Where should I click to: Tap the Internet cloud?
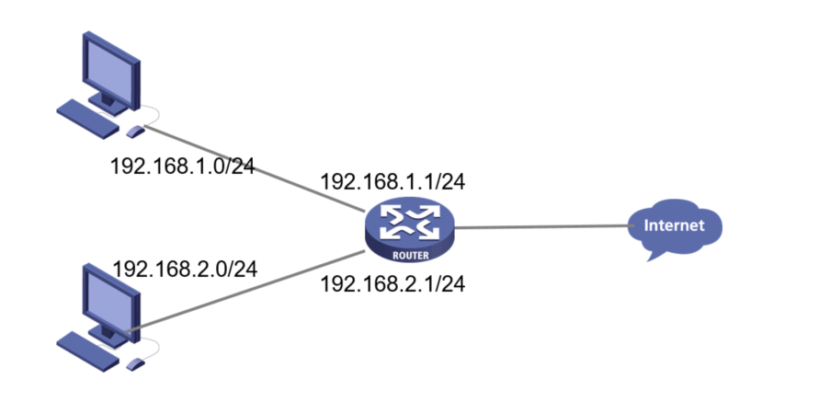point(675,226)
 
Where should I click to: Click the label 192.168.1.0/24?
point(182,167)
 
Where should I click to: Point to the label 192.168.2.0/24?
point(184,269)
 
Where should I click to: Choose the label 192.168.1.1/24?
point(392,181)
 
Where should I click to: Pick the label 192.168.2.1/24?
point(392,284)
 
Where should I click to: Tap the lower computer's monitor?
point(109,298)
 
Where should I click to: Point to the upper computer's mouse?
point(135,131)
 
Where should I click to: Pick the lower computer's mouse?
point(135,363)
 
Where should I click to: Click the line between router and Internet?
point(542,226)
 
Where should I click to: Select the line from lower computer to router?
point(248,290)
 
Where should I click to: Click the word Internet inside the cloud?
point(675,224)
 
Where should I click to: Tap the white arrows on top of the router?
point(409,220)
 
